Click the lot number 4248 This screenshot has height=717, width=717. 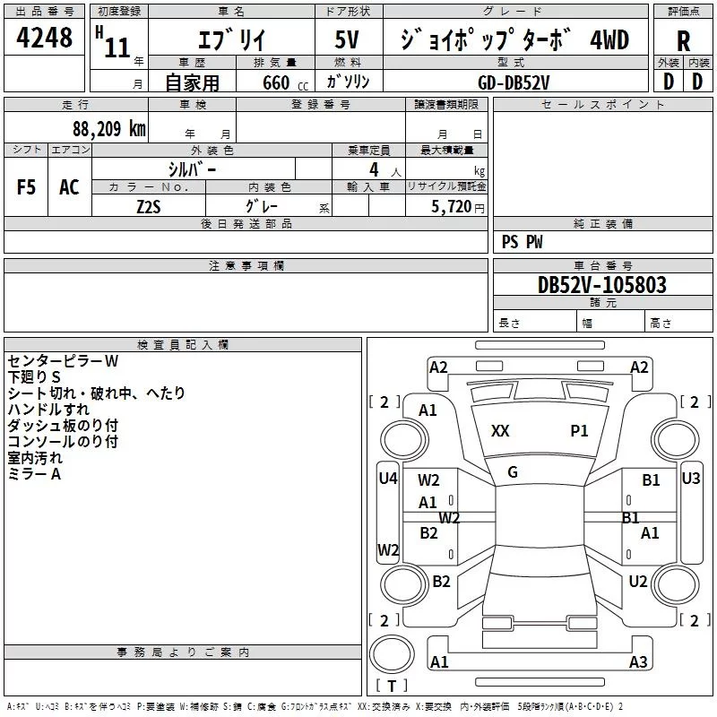point(45,39)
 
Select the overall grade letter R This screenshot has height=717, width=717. point(683,41)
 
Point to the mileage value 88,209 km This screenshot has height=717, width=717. point(108,128)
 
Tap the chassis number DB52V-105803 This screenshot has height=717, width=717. point(601,285)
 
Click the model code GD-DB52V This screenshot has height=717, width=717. point(514,82)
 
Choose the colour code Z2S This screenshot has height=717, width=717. point(150,205)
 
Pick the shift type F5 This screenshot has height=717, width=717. point(27,187)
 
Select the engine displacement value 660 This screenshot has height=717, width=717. point(276,82)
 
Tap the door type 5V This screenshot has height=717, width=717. point(347,40)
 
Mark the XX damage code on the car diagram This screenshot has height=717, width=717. point(500,431)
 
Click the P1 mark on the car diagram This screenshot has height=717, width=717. point(580,431)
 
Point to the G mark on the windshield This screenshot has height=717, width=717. point(513,472)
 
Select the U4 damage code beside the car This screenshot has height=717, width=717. point(387,479)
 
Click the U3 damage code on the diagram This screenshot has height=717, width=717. point(691,479)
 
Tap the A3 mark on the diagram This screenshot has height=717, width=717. point(638,662)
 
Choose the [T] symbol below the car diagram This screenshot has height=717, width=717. point(392,687)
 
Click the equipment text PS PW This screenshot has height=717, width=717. point(522,242)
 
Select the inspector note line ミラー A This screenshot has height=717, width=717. point(34,474)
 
